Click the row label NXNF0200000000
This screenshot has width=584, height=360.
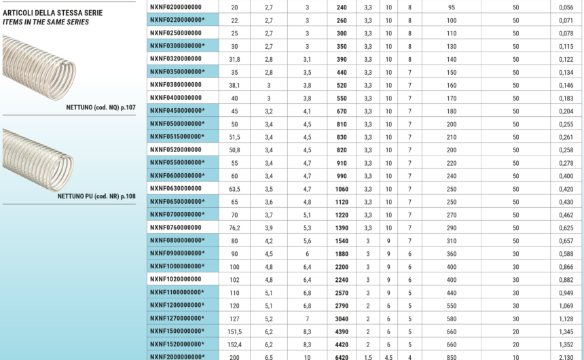click(x=175, y=7)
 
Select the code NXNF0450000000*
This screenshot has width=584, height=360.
click(x=177, y=111)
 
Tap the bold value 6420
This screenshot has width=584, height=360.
click(x=341, y=356)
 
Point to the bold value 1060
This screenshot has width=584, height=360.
click(x=341, y=188)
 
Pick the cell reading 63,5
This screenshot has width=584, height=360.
click(x=234, y=188)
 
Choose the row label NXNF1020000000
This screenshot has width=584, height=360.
click(x=175, y=278)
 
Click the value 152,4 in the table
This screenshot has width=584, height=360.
click(x=234, y=343)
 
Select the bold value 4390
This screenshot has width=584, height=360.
click(x=341, y=330)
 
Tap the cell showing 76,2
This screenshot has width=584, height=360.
click(x=234, y=227)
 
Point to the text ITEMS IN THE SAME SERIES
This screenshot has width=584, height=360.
click(x=46, y=22)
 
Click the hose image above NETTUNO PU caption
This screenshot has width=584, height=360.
click(x=38, y=160)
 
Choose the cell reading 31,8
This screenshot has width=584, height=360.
click(x=234, y=59)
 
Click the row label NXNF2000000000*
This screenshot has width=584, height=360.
click(x=177, y=356)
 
